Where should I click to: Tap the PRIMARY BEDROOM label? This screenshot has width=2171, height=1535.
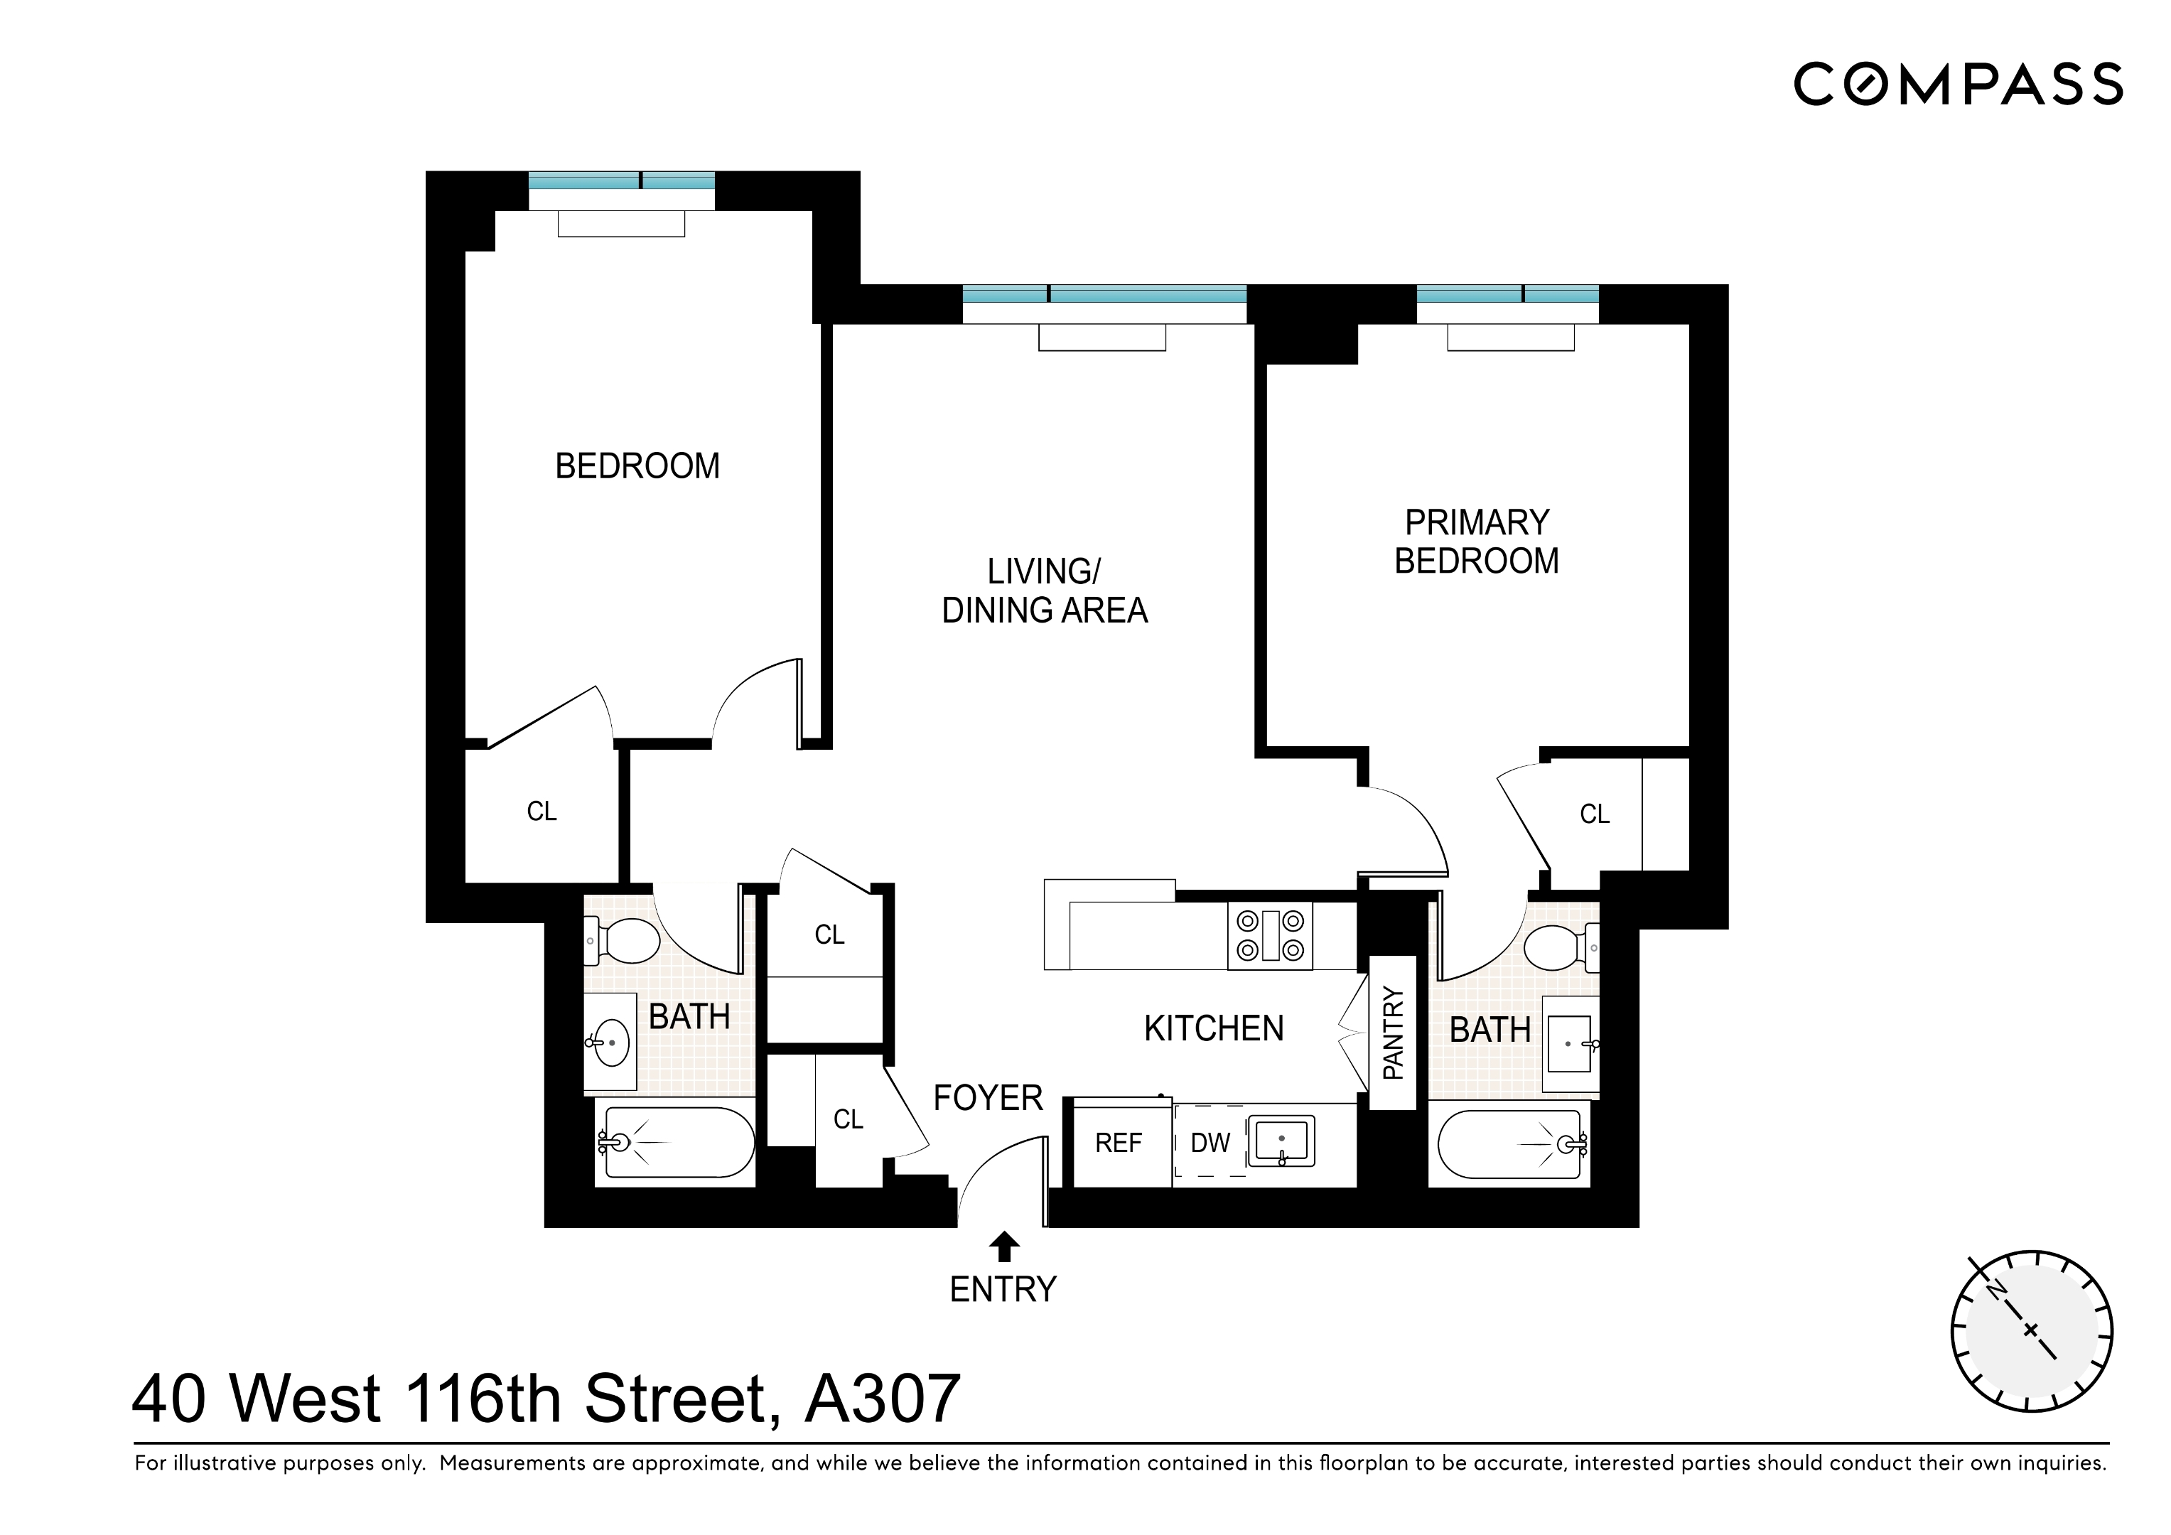pos(1476,542)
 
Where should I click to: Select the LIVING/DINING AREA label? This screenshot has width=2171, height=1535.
pos(1044,591)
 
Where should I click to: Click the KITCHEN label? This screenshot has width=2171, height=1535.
pos(1213,1029)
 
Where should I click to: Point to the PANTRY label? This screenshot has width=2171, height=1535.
pos(1393,1033)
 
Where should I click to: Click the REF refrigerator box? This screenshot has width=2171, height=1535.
pos(1119,1143)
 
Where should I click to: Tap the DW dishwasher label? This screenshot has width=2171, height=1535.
pos(1210,1143)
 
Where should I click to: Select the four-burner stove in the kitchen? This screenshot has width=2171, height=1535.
pos(1270,937)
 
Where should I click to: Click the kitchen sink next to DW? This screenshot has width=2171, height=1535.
pos(1281,1141)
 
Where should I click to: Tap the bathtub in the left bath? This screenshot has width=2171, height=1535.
pos(675,1143)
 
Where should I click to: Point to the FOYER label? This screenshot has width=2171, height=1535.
pos(987,1098)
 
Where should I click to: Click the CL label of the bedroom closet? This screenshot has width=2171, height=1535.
pos(541,812)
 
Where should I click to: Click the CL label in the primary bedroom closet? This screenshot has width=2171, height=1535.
pos(1594,814)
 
